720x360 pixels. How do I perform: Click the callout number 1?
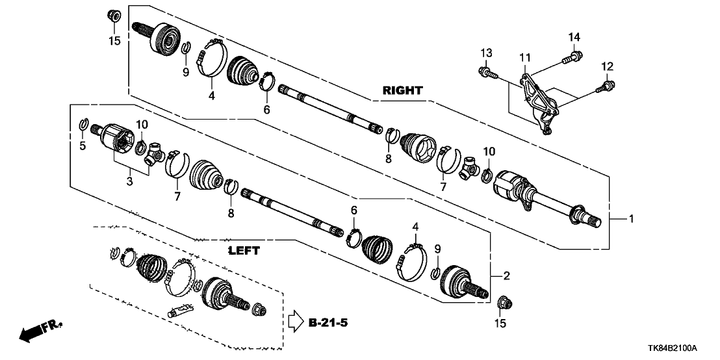pyautogui.click(x=630, y=219)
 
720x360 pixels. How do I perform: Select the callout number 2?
pyautogui.click(x=506, y=276)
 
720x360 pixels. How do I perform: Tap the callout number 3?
pyautogui.click(x=129, y=182)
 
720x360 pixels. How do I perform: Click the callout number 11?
pyautogui.click(x=525, y=58)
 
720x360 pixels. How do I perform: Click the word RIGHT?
pyautogui.click(x=402, y=90)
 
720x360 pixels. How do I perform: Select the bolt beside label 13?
pyautogui.click(x=487, y=71)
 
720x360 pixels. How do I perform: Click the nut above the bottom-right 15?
pyautogui.click(x=504, y=302)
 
